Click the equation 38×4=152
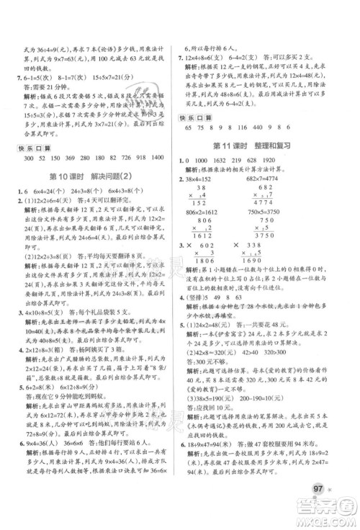tap(204, 157)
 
